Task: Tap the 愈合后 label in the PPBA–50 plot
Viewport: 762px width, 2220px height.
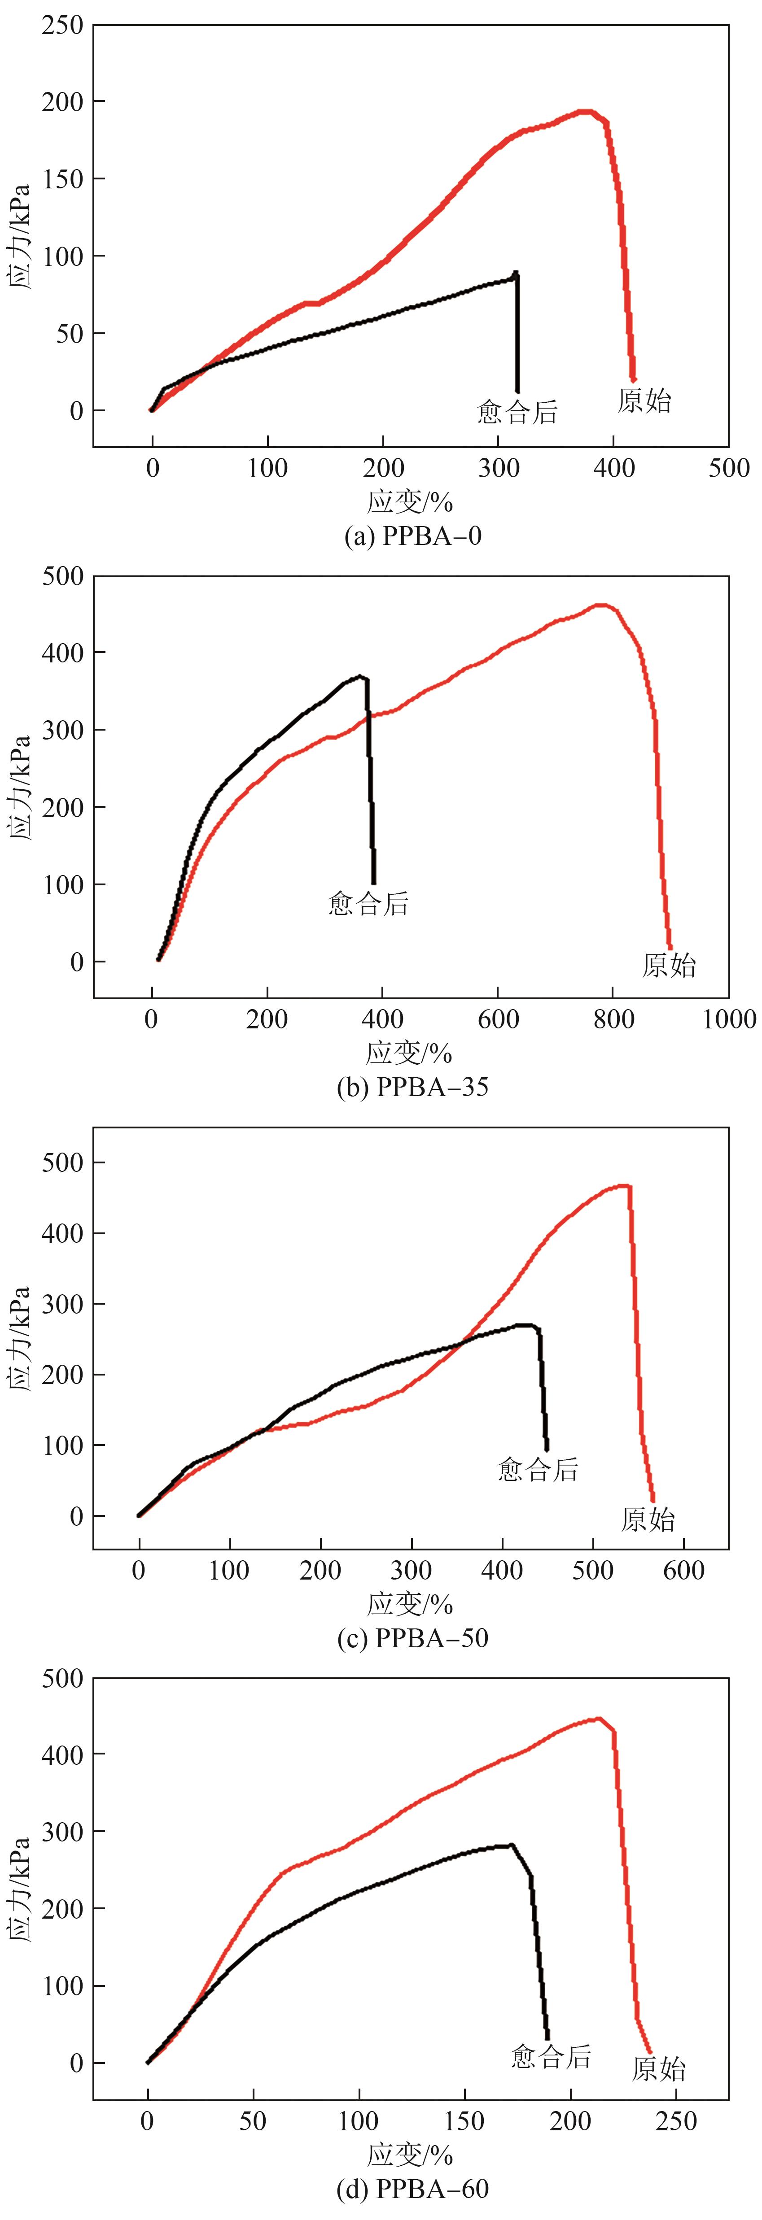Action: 538,1469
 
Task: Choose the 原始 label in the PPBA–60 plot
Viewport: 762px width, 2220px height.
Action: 659,2068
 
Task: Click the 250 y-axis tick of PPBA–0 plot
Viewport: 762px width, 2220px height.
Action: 62,26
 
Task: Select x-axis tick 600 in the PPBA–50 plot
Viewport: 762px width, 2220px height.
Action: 683,1570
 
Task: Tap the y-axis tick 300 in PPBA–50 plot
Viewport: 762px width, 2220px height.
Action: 62,1304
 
